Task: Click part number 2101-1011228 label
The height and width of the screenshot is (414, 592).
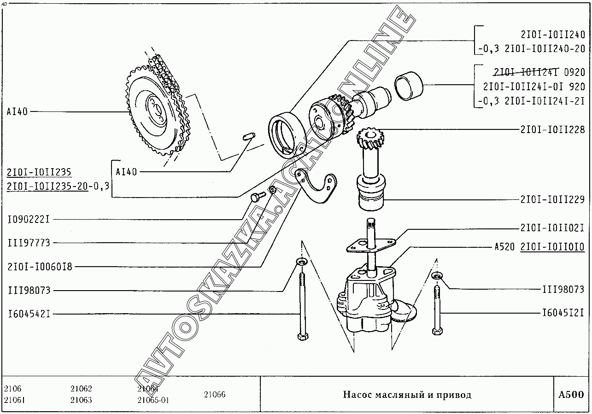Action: tap(552, 130)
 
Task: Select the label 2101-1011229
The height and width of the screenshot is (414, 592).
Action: tap(552, 199)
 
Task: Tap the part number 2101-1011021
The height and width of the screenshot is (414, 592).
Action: tap(552, 228)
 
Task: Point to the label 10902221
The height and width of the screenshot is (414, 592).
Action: tap(29, 220)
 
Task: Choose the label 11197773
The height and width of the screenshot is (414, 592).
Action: tap(29, 243)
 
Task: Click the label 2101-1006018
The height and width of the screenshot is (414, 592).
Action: tap(40, 267)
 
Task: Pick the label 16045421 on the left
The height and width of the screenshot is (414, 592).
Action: tap(29, 314)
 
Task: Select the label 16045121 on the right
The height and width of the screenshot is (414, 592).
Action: tap(563, 314)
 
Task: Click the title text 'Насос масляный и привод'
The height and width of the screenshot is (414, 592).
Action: tap(407, 395)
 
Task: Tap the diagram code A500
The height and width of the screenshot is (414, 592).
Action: tap(571, 395)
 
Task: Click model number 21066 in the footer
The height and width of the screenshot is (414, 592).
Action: tap(214, 395)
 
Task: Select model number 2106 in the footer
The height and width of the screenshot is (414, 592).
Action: tap(12, 389)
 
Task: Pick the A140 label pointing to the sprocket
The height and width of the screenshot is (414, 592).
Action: tap(17, 111)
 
